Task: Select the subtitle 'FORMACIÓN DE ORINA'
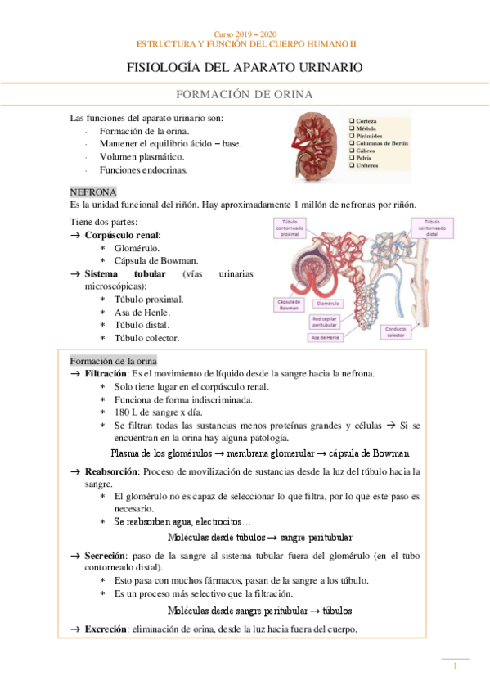coord(245,95)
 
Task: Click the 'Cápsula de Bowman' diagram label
coord(289,305)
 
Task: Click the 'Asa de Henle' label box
coord(326,337)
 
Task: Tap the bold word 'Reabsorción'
coord(111,471)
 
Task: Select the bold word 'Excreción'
coord(106,628)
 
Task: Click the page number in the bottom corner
coord(455,668)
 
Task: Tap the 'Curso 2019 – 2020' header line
coord(245,34)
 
